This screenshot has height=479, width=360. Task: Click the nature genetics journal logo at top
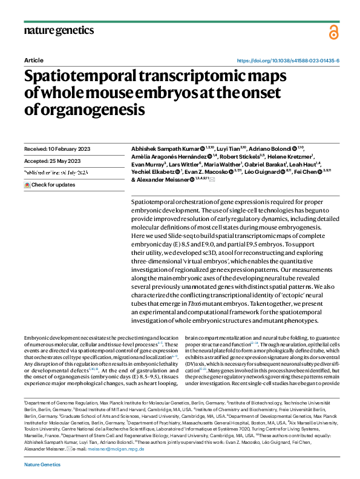59,30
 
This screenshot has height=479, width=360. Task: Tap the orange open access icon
333,32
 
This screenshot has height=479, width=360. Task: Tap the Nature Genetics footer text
42,464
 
